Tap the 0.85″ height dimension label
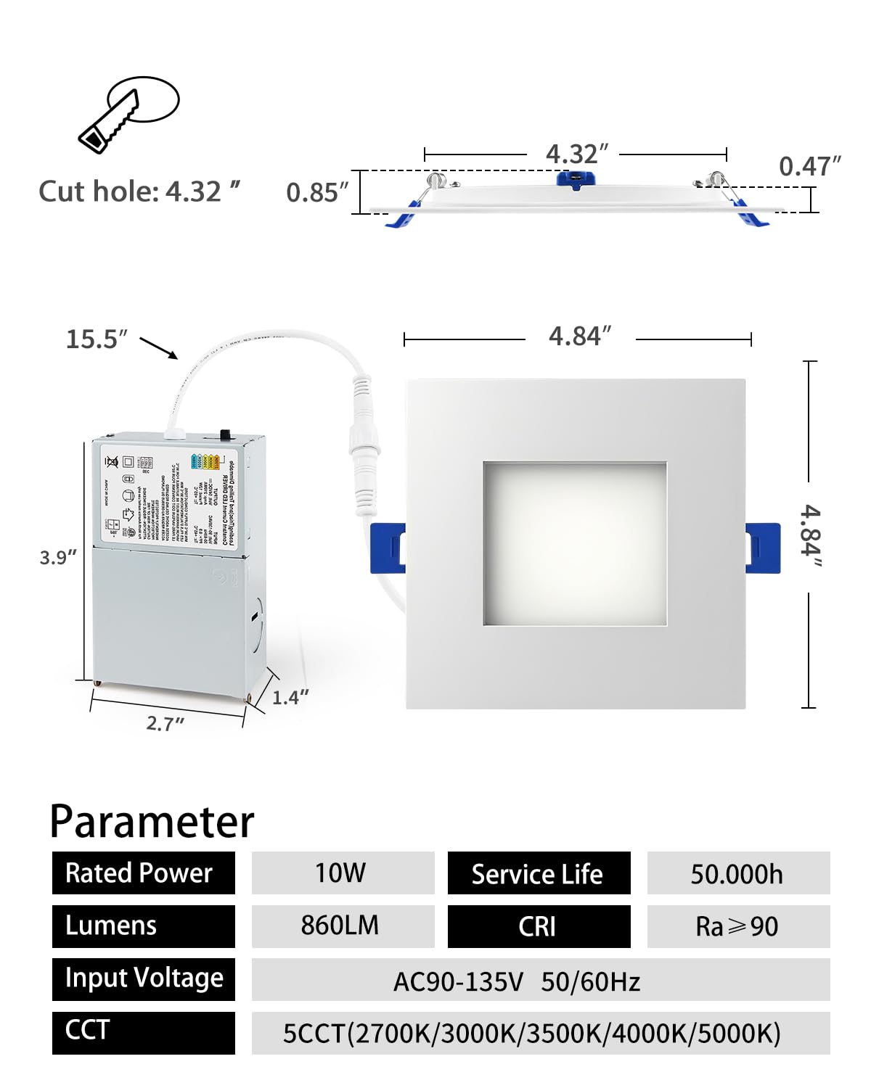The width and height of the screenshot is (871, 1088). (x=317, y=193)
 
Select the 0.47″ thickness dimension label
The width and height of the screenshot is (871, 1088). (x=809, y=167)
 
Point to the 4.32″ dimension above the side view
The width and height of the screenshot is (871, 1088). (x=576, y=154)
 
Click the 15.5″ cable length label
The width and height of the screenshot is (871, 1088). (x=97, y=339)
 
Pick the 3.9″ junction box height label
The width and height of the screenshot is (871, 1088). (x=58, y=558)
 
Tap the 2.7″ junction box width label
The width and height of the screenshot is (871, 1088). (x=165, y=723)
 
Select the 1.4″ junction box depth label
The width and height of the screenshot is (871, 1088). (x=290, y=698)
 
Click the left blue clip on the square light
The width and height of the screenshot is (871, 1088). (x=388, y=548)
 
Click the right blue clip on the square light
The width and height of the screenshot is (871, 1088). (x=763, y=548)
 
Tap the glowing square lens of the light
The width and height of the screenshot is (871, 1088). (x=575, y=543)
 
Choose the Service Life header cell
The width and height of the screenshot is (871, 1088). (x=539, y=873)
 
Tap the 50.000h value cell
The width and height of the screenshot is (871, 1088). (x=737, y=873)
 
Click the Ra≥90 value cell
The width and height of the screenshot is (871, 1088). (x=737, y=926)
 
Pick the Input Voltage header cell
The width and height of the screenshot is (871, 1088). (x=144, y=978)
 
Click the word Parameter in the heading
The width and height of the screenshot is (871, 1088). (x=152, y=822)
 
